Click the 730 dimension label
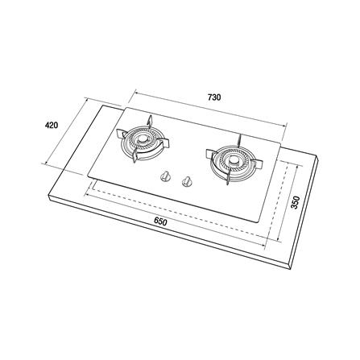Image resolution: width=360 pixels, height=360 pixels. tap(214, 97)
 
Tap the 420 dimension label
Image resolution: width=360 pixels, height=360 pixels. tap(52, 125)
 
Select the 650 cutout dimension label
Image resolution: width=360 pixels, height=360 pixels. tap(160, 221)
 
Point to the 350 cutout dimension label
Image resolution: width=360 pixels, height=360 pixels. tap(295, 203)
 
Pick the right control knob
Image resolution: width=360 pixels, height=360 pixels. tap(186, 181)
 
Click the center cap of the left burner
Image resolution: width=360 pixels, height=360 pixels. tap(143, 139)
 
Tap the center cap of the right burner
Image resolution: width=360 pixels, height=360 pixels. tap(234, 160)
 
